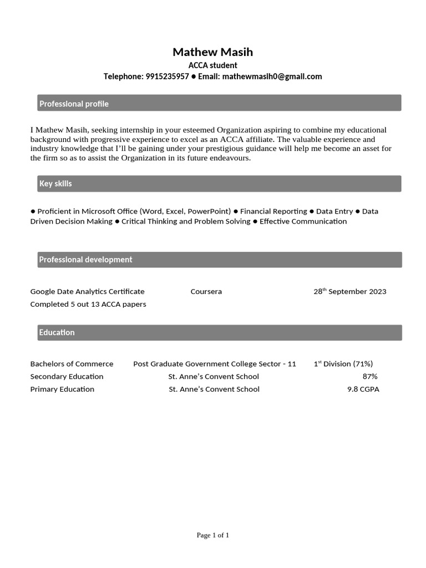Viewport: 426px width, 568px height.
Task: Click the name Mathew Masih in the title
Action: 212,52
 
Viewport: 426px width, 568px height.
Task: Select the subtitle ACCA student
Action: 212,65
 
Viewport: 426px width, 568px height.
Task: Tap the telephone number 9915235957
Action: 167,77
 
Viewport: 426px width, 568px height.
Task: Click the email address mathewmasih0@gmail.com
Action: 272,77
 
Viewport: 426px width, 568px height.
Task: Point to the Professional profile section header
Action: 74,104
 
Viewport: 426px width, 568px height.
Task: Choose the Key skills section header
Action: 55,184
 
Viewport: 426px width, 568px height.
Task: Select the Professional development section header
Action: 85,260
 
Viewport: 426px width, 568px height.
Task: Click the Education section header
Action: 57,332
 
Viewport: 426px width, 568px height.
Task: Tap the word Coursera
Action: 206,292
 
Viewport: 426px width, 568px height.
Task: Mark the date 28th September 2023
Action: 349,292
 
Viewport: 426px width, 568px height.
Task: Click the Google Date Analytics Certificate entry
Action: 87,292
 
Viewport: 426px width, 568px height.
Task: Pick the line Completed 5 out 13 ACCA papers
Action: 88,304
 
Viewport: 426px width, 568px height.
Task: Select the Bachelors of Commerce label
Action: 72,364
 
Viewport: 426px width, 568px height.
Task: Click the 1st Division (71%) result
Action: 343,364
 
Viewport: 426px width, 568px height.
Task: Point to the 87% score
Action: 369,377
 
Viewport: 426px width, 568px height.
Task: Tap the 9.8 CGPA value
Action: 363,389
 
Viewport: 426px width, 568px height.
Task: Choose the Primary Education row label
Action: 62,389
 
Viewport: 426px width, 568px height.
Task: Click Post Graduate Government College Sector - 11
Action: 214,364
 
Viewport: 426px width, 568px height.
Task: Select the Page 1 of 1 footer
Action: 212,535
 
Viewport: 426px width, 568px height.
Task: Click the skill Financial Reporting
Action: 273,211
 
